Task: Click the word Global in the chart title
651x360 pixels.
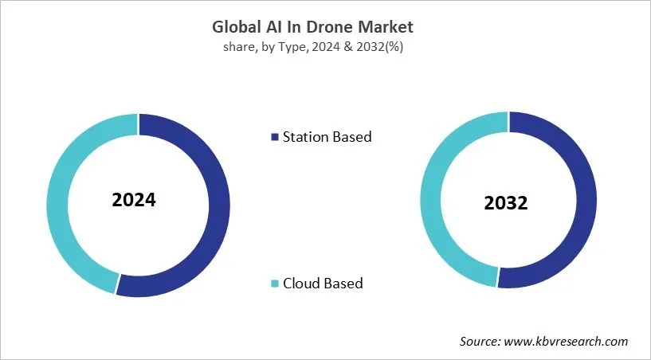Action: point(239,27)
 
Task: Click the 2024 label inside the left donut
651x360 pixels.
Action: point(134,200)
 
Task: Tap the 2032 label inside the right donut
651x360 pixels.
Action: point(505,203)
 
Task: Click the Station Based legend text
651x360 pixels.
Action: point(327,137)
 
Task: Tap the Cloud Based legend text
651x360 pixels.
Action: point(323,283)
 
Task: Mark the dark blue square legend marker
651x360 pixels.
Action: point(275,137)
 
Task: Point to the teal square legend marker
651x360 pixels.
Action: point(275,284)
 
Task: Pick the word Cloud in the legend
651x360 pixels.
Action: point(302,283)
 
